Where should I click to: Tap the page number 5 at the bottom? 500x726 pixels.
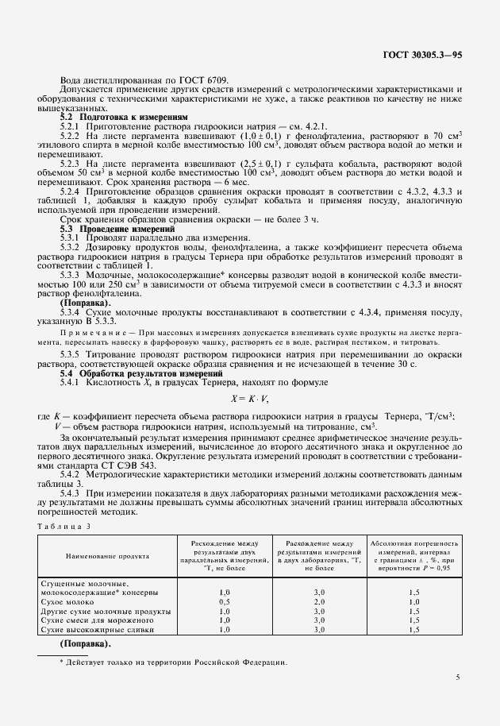(458, 678)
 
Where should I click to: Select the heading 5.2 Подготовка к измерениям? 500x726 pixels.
(125, 117)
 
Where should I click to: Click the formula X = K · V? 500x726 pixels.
(250, 398)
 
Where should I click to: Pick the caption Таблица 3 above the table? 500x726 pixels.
(64, 526)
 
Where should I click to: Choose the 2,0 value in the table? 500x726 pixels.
(320, 602)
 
